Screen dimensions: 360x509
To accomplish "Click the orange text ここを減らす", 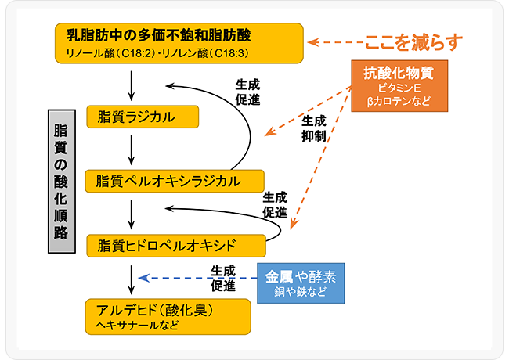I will coord(413,41).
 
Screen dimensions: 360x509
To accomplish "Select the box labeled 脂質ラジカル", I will coord(143,117).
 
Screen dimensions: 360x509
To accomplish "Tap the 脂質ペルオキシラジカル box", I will coord(175,181).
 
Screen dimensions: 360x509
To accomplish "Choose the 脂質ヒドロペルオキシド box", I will coord(176,244).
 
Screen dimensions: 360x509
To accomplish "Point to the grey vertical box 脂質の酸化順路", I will coord(60,181).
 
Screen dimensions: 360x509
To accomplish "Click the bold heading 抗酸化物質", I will coord(399,73).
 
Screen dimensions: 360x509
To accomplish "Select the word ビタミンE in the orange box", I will coord(399,88).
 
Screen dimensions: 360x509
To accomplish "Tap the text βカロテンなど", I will coord(399,103).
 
